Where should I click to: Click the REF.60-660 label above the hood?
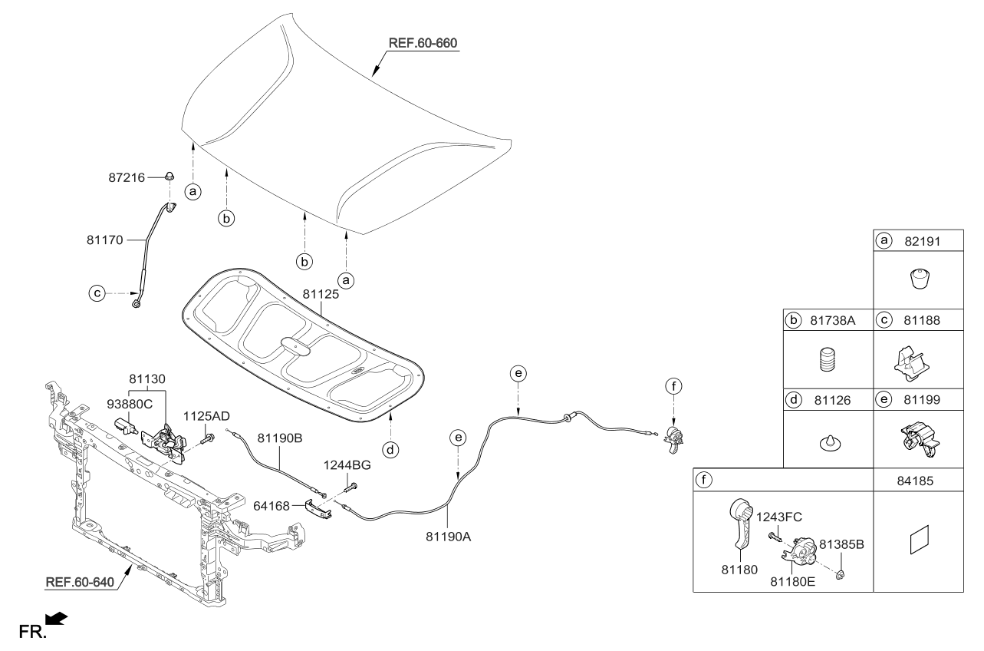pyautogui.click(x=423, y=43)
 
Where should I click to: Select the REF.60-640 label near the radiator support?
pyautogui.click(x=80, y=581)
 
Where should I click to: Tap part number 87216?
pyautogui.click(x=126, y=177)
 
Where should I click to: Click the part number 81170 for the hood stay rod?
pyautogui.click(x=104, y=240)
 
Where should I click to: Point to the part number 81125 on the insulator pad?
pyautogui.click(x=321, y=293)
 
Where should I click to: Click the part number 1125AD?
pyautogui.click(x=206, y=415)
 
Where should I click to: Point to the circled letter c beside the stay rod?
pyautogui.click(x=97, y=292)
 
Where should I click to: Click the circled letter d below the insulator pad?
pyautogui.click(x=391, y=450)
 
